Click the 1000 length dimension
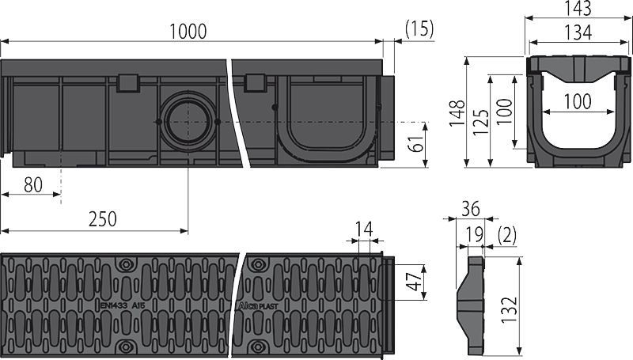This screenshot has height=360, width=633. (188, 32)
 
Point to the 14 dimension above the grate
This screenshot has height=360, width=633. (363, 230)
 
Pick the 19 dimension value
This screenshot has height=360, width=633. (474, 233)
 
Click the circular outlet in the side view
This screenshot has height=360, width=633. (188, 122)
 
